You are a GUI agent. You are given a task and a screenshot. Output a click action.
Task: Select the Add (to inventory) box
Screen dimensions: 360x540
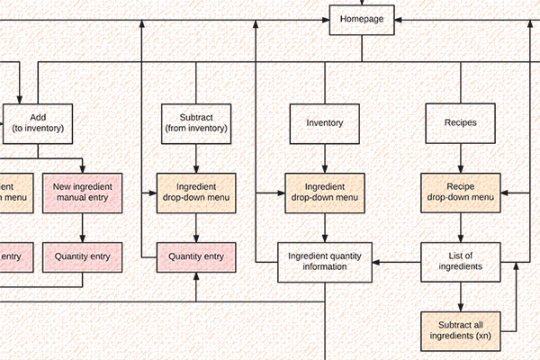[38, 122]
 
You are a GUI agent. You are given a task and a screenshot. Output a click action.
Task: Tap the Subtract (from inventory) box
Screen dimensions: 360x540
[196, 122]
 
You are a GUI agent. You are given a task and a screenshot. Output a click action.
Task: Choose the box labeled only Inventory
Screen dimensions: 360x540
[325, 122]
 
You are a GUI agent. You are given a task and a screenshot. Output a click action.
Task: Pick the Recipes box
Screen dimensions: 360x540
[460, 122]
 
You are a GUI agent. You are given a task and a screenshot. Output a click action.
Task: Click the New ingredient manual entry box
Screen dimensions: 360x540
[83, 192]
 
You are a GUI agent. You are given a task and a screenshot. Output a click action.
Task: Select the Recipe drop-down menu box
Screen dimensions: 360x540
[460, 192]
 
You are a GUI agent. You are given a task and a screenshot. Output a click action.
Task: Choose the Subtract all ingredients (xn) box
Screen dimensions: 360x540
[460, 330]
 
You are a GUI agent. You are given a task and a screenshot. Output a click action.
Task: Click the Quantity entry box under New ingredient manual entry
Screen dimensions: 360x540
[83, 257]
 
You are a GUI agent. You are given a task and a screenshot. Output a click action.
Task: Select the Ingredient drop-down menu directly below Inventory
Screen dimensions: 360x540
[325, 192]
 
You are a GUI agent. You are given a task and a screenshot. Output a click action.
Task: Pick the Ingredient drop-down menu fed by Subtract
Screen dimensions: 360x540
[196, 192]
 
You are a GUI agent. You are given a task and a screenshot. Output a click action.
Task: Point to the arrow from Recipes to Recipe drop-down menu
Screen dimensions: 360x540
[460, 157]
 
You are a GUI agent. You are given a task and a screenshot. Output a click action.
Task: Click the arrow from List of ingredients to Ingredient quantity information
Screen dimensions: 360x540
[397, 262]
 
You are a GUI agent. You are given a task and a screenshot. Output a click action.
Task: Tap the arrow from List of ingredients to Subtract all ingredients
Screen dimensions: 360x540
[460, 296]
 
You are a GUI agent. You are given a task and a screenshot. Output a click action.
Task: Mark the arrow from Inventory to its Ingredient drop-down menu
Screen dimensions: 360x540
[325, 157]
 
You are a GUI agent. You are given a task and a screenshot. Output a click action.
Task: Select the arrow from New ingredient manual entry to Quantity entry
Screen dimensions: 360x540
[83, 228]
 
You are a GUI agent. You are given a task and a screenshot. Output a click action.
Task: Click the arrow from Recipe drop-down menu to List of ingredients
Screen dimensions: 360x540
[460, 228]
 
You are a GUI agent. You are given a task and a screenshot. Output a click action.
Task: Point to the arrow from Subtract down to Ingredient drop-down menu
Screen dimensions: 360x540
[196, 157]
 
